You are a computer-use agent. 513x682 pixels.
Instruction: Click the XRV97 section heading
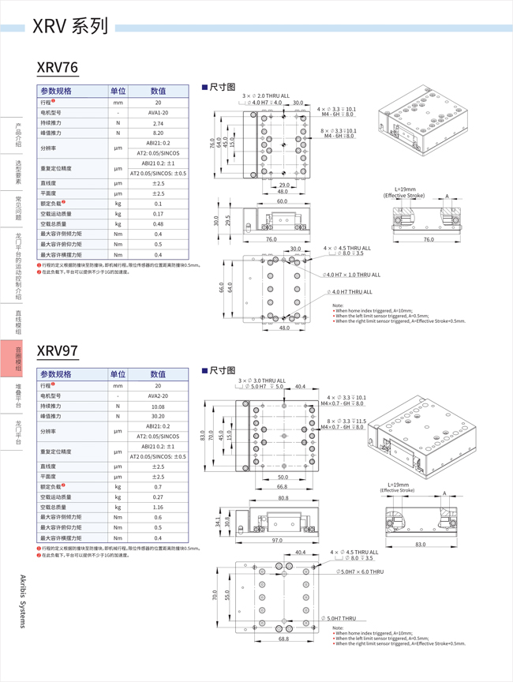(x=57, y=350)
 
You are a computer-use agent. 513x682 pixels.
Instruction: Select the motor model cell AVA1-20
(x=158, y=113)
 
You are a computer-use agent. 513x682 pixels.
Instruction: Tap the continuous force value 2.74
(x=158, y=123)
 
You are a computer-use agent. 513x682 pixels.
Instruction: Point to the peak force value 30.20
(x=158, y=416)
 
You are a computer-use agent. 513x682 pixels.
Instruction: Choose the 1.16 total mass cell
(x=158, y=507)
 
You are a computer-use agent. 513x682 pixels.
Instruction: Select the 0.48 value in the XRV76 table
(x=158, y=223)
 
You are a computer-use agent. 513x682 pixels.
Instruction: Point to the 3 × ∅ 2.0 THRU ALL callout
(x=265, y=96)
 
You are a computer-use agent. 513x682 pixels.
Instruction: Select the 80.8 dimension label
(x=283, y=498)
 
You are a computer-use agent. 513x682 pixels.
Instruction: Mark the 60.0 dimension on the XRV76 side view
(x=282, y=201)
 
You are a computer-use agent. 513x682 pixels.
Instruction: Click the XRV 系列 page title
(x=70, y=28)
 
